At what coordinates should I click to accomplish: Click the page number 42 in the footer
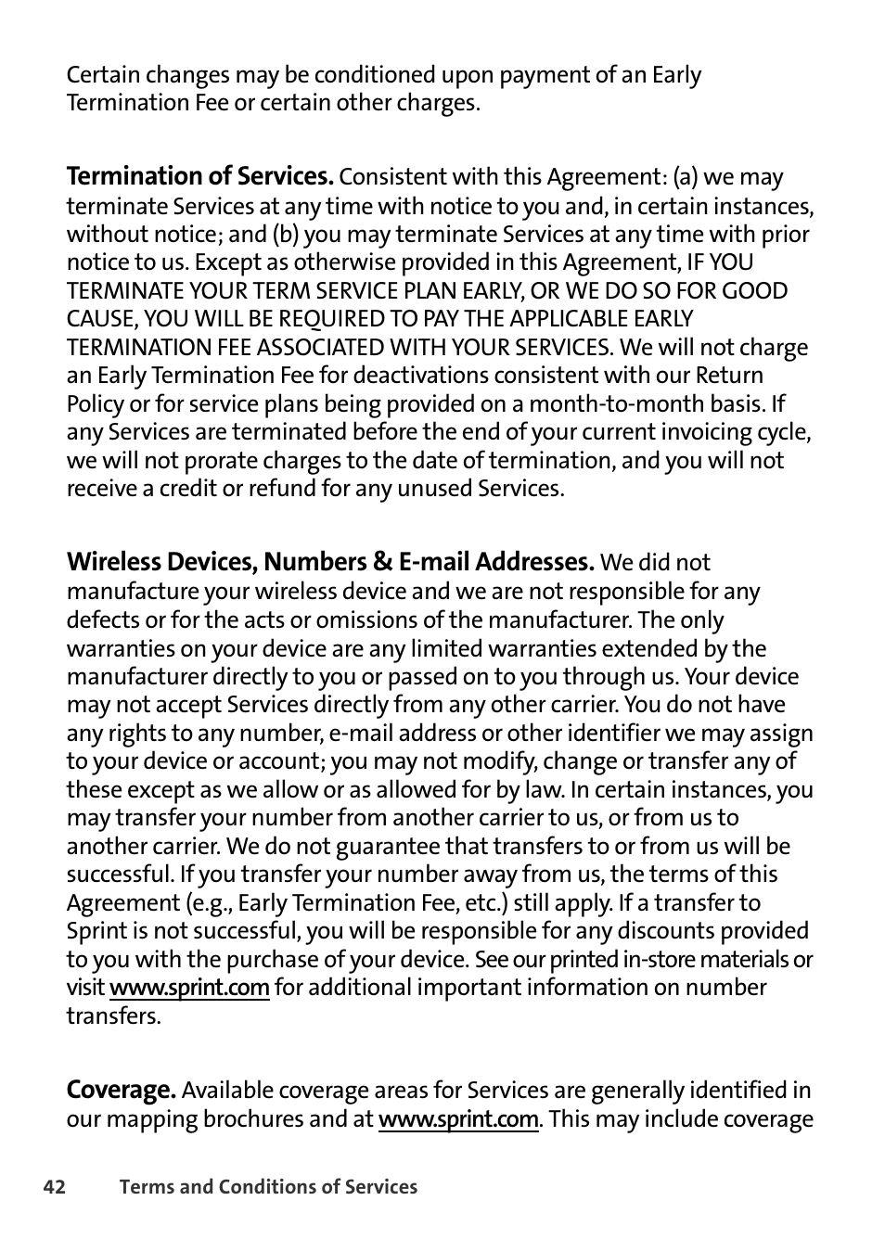click(55, 1187)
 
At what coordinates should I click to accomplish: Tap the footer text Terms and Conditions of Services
click(268, 1187)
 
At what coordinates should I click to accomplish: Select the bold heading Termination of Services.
click(199, 176)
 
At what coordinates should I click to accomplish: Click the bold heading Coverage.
click(121, 1090)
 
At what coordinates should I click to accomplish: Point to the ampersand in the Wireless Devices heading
click(382, 562)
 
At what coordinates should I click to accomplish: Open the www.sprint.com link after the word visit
click(189, 988)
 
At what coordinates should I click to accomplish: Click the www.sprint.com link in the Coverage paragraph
click(458, 1119)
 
